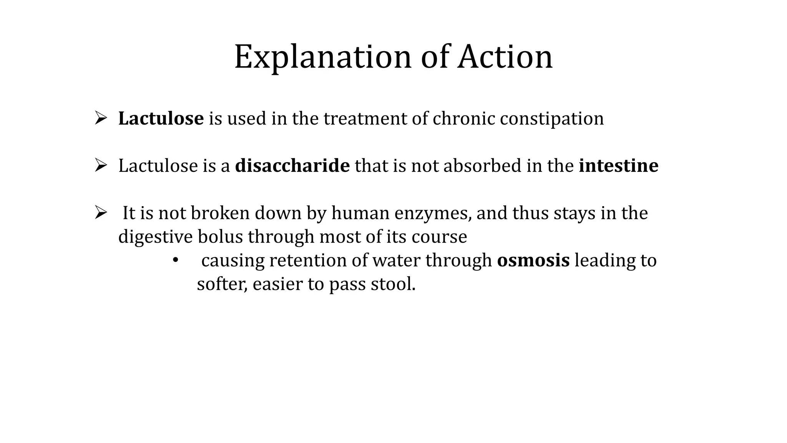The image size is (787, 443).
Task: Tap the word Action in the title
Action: (x=505, y=57)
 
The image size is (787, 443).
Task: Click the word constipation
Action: (x=551, y=118)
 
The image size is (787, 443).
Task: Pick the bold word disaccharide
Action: (x=292, y=166)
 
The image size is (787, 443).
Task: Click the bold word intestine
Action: (x=618, y=166)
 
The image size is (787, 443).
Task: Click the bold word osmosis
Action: (x=533, y=260)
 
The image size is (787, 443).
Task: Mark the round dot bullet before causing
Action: (x=175, y=260)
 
